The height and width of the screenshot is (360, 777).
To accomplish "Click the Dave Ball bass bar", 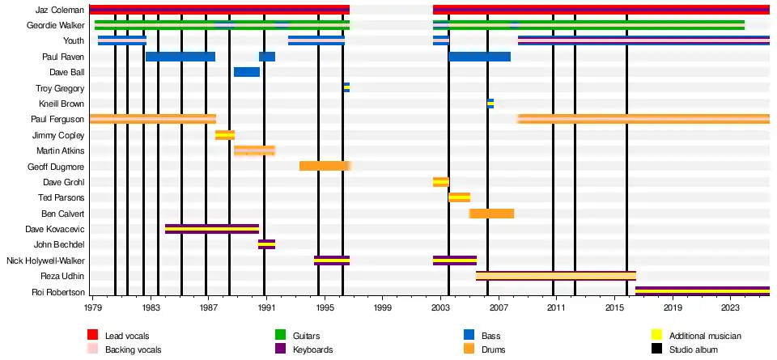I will pos(246,72).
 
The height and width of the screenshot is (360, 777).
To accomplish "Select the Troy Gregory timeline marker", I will pos(346,87).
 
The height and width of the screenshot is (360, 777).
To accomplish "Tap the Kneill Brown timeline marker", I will pos(490,104).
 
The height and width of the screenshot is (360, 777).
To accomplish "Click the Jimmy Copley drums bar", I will pos(224,135).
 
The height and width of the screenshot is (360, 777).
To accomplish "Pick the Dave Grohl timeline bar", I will pos(440,182).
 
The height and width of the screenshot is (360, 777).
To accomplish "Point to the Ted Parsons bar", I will pos(459,197).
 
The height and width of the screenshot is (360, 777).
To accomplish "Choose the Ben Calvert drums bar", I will pos(491,214).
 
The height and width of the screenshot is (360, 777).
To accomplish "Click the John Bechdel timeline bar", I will pos(266,244).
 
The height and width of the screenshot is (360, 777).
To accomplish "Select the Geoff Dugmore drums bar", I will pos(324,166).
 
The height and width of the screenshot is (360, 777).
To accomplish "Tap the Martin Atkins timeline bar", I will pos(254,150).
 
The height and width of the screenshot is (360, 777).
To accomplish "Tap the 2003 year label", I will pos(441,308).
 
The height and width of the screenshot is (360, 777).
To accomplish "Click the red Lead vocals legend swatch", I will pos(94,335).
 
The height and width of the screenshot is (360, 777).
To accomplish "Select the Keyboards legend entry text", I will pos(312,349).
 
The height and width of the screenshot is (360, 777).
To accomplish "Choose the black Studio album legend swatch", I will pos(657,349).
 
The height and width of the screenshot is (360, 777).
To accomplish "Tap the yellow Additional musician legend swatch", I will pos(657,335).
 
